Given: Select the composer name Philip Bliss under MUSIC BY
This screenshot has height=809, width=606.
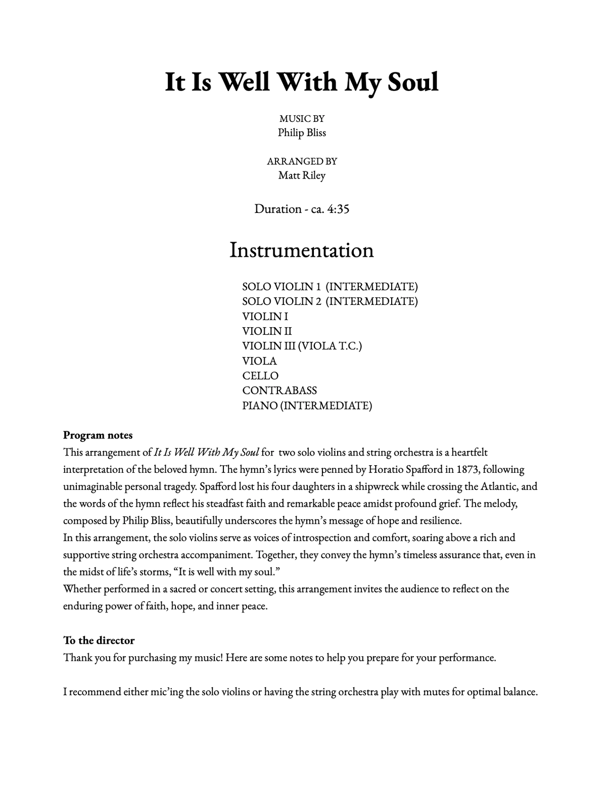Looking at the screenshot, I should click(302, 133).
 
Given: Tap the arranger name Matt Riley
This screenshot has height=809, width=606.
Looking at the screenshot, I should click(302, 175).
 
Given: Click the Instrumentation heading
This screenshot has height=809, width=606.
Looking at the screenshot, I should click(302, 250).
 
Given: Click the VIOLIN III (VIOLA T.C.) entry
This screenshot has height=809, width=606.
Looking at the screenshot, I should click(302, 346).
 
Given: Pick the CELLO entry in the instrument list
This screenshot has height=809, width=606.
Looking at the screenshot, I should click(260, 376).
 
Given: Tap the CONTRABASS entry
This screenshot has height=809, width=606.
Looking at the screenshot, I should click(279, 390).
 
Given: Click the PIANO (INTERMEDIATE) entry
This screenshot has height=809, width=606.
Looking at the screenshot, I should click(307, 406).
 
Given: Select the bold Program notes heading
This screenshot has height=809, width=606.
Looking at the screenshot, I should click(98, 435).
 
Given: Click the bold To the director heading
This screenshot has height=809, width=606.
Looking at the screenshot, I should click(99, 641).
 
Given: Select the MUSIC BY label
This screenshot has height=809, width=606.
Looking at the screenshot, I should click(302, 119).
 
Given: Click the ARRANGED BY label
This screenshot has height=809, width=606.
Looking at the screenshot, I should click(302, 161).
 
